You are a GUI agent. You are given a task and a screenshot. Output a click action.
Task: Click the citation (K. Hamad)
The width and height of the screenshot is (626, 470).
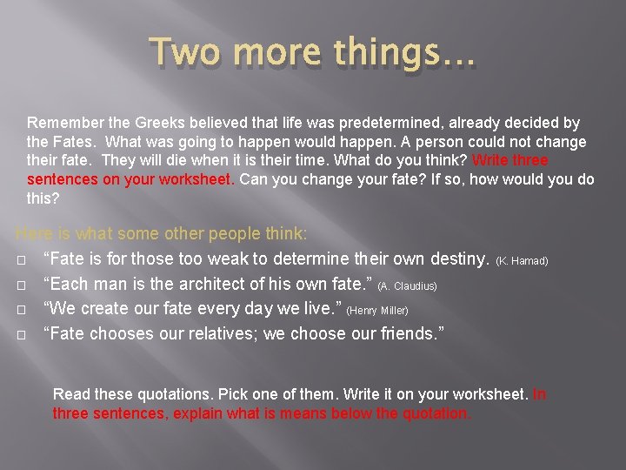(x=522, y=261)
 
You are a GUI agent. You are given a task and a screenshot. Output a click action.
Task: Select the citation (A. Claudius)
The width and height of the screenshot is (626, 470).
(x=407, y=285)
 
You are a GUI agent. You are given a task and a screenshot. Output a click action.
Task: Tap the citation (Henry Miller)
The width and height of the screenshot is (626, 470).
(x=377, y=310)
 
